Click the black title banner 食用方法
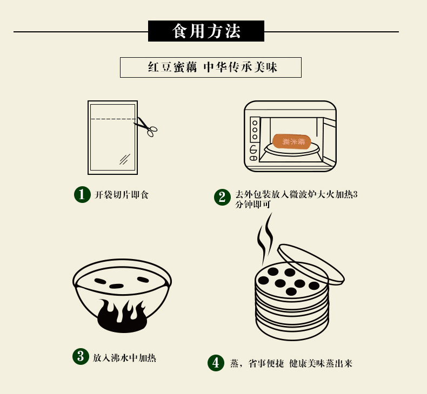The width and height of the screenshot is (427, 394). pyautogui.click(x=206, y=31)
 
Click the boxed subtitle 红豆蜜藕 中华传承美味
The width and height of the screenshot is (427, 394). pyautogui.click(x=210, y=67)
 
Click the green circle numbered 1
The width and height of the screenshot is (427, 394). pyautogui.click(x=82, y=194)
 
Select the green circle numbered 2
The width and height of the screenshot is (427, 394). pyautogui.click(x=222, y=197)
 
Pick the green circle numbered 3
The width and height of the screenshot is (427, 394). pyautogui.click(x=81, y=357)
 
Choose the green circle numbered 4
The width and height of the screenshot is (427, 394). pyautogui.click(x=216, y=363)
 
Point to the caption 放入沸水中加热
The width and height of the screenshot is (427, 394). pyautogui.click(x=124, y=357)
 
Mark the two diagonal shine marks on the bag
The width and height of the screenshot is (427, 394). pyautogui.click(x=125, y=159)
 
